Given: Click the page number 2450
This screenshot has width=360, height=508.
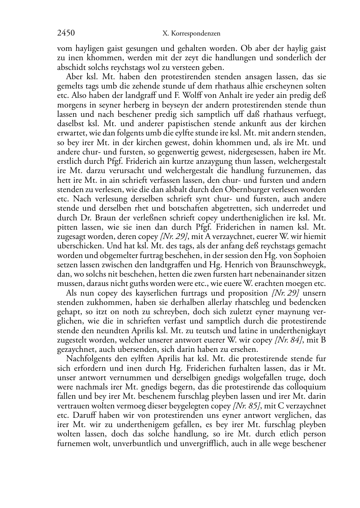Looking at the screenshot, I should (66, 33).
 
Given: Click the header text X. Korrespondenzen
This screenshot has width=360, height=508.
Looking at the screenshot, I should (191, 34).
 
